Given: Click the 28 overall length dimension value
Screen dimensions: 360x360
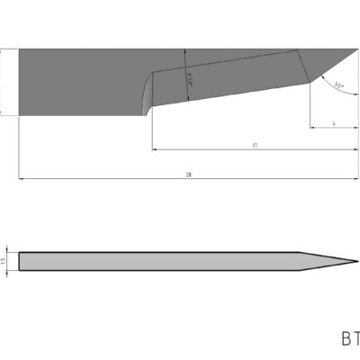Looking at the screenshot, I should coord(188,175).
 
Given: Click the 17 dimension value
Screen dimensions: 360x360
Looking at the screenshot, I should coord(256,144).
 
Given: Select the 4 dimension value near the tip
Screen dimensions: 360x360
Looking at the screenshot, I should coord(333,121).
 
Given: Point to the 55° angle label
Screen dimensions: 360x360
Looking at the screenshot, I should coord(337,85).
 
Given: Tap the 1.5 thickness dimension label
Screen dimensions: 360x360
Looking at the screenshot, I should coord(4,261).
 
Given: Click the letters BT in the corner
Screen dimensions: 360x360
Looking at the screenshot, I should coord(349,339).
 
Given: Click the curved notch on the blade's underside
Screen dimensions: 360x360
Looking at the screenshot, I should coord(146,94).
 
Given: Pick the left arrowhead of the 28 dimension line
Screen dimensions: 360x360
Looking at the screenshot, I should coord(22,179).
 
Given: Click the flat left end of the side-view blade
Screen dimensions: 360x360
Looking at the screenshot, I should coord(20,261).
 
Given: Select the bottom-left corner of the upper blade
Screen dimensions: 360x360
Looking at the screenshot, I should coord(19,114).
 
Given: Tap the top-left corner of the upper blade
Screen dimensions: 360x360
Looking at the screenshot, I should coord(19,48).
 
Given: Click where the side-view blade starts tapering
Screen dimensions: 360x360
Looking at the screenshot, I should coord(301,253).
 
